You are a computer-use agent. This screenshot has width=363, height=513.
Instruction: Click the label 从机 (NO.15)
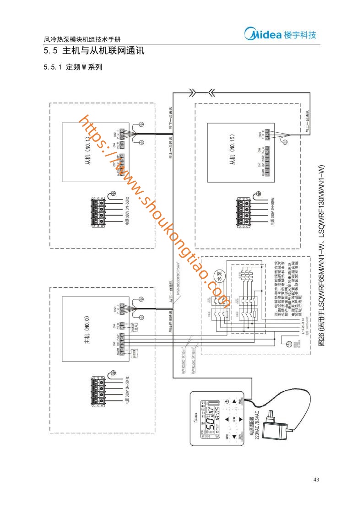232,157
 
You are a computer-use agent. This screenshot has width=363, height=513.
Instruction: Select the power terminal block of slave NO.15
244,211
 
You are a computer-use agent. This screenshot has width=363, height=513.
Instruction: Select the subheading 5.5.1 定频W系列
73,67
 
